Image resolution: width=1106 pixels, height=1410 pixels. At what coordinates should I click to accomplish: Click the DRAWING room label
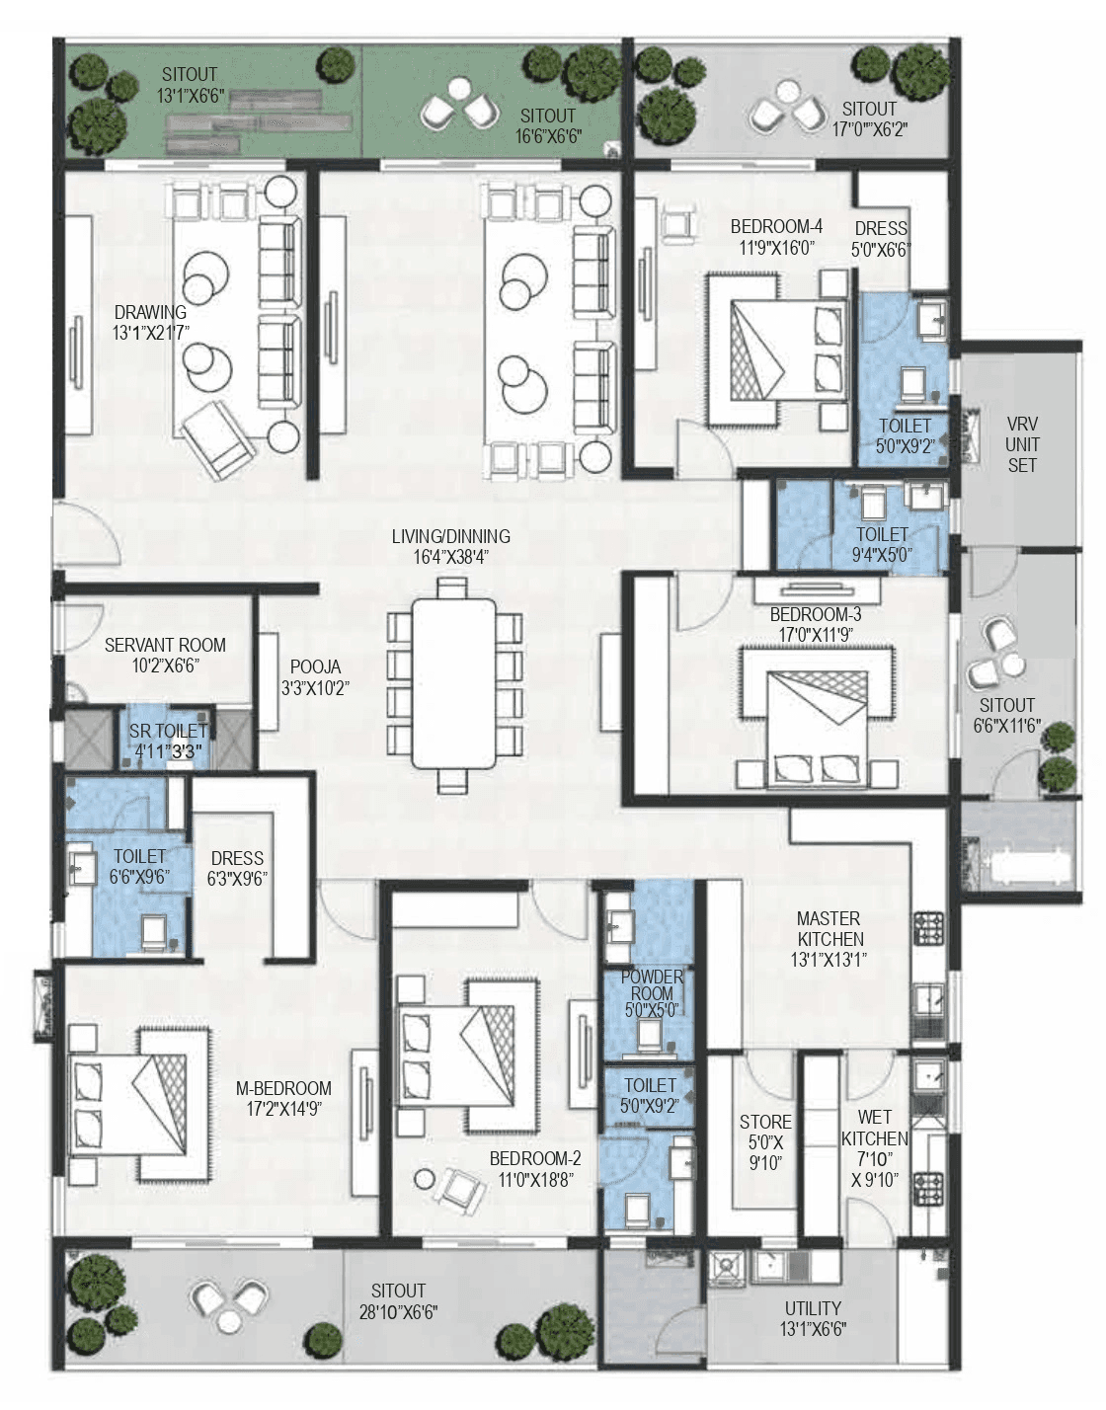(150, 323)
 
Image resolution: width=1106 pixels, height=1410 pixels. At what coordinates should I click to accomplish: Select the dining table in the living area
(453, 682)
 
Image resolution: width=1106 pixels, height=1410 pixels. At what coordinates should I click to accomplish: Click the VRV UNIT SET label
(1022, 444)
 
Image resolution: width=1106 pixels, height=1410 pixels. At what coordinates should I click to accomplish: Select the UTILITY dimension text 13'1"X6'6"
(813, 1330)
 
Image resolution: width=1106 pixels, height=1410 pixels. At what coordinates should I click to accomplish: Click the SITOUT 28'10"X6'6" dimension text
(398, 1312)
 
